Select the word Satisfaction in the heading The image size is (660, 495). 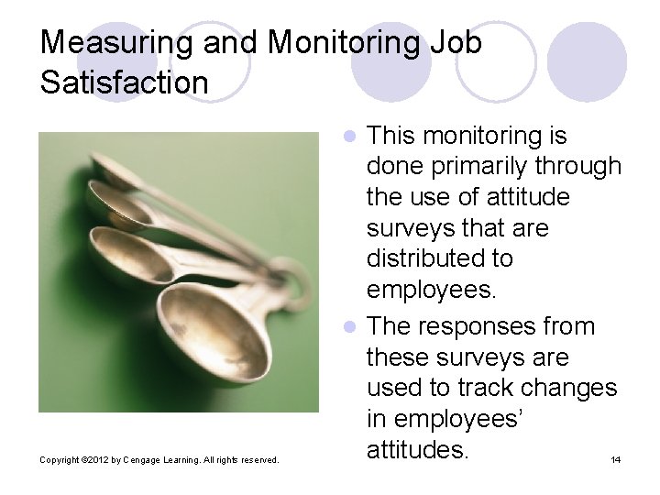[x=125, y=82]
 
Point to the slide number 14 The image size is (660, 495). [x=615, y=459]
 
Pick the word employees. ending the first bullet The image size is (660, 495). [x=431, y=290]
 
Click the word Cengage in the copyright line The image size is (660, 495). [x=135, y=459]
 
